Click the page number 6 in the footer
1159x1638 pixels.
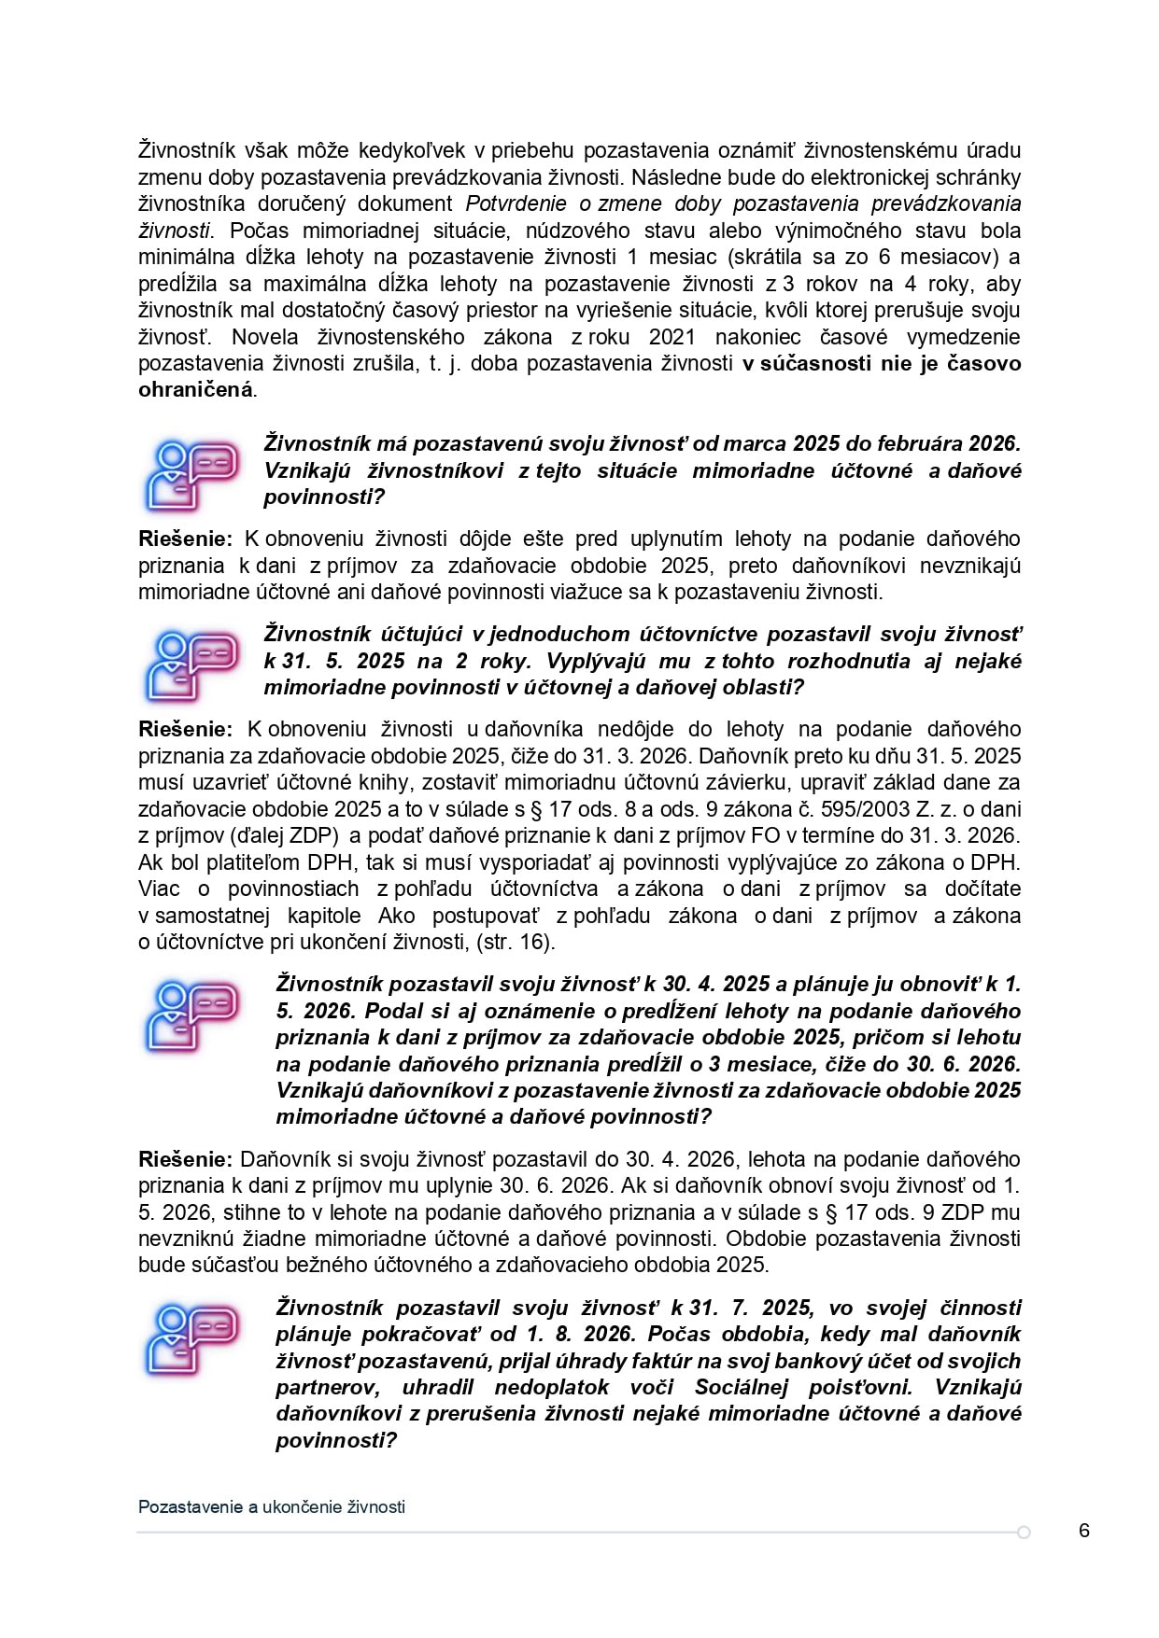tap(1083, 1531)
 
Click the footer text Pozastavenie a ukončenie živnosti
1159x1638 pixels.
tap(272, 1506)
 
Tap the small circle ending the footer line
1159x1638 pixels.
tap(1024, 1533)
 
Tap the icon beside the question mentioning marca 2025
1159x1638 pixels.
tap(191, 474)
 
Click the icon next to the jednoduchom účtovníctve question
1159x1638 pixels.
tap(191, 665)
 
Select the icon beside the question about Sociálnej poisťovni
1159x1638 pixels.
tap(191, 1339)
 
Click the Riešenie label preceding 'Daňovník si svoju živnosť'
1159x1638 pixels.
tap(185, 1159)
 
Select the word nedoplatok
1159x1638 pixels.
tap(551, 1387)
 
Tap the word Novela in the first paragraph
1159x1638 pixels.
tap(264, 337)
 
